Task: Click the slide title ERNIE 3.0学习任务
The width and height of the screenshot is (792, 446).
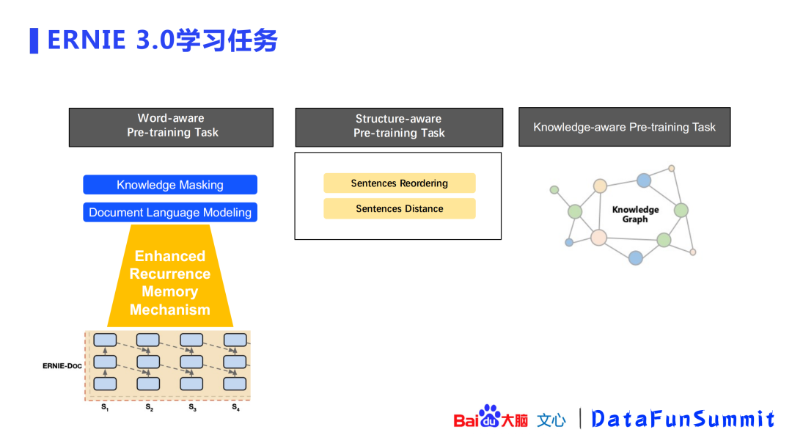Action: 162,40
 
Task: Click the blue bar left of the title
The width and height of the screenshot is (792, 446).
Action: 34,40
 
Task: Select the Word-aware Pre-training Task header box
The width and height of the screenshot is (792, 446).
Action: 171,126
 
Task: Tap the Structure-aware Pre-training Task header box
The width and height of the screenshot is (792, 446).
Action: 399,126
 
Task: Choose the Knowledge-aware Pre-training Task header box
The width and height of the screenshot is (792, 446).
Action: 624,127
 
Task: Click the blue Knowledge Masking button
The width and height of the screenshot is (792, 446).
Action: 170,185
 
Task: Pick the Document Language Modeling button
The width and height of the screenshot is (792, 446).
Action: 170,213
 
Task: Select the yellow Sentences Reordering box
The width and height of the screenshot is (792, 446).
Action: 400,183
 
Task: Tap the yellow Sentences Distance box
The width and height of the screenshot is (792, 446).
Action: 400,209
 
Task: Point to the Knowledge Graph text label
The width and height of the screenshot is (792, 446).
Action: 635,214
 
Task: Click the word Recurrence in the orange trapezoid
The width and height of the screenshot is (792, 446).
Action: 170,274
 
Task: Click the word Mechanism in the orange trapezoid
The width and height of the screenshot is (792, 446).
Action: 170,310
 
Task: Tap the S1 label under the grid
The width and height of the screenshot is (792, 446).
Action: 105,407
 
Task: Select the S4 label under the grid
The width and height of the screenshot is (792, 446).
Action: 235,407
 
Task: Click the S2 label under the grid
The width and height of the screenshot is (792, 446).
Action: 149,407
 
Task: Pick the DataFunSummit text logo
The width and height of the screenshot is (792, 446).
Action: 683,418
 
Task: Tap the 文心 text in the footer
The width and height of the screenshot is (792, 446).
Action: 551,420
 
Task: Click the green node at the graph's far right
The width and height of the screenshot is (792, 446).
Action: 681,211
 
